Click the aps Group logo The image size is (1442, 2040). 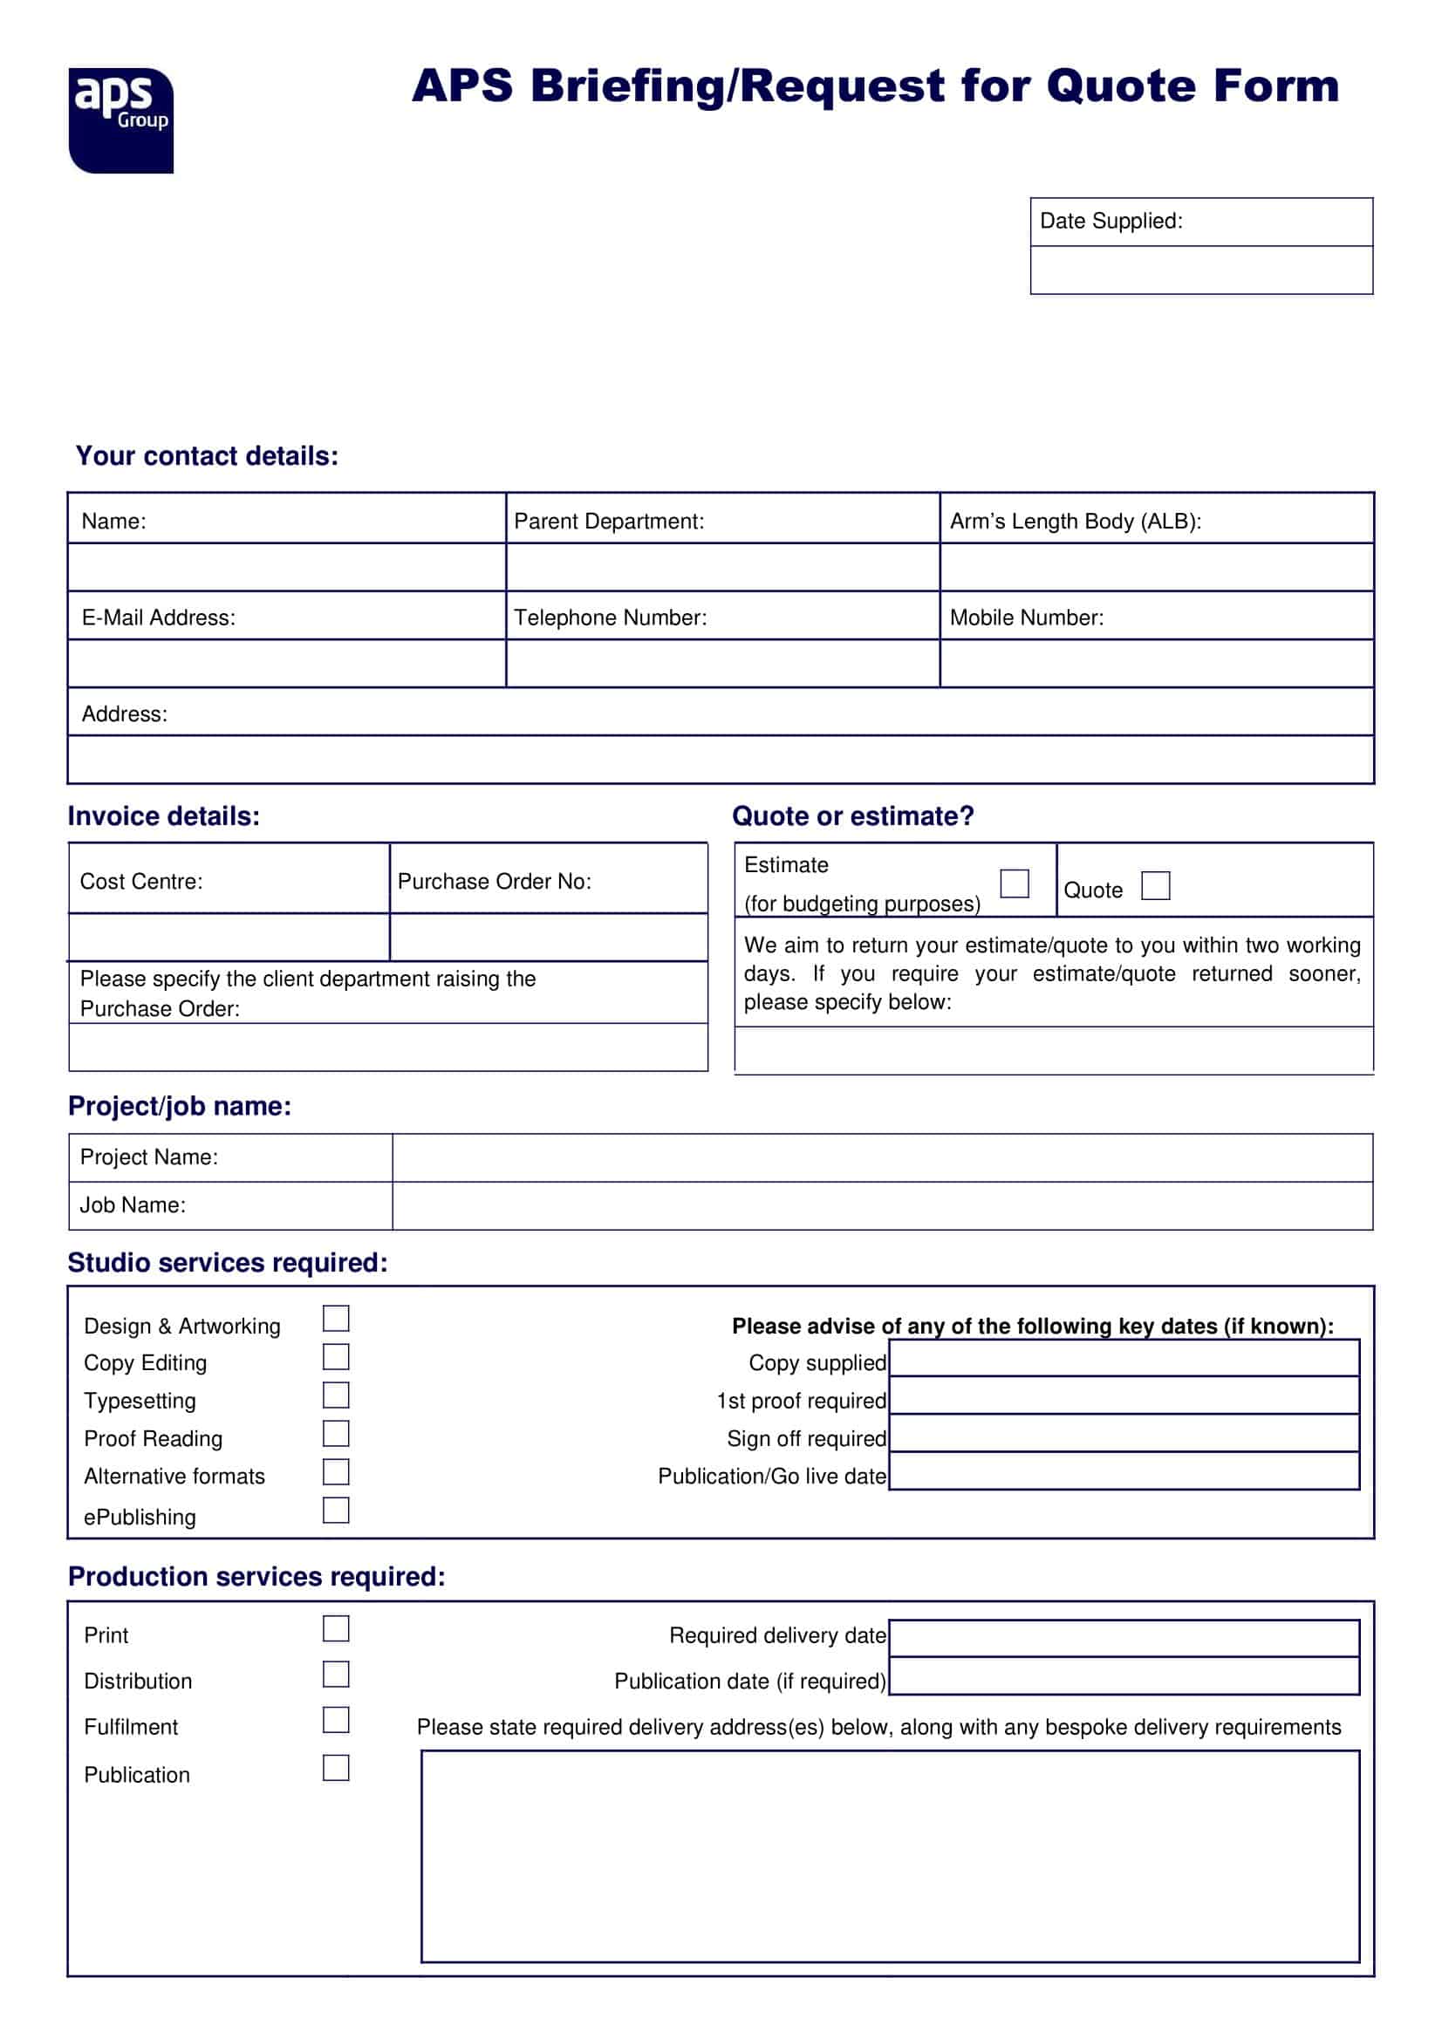point(121,120)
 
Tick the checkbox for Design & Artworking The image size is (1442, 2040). point(336,1318)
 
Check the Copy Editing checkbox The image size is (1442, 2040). point(336,1356)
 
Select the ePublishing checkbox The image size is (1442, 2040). point(336,1510)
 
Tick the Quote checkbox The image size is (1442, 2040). point(1155,885)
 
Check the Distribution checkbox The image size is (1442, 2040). point(336,1674)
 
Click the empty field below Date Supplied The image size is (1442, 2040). point(1201,269)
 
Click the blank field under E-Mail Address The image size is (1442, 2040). point(286,663)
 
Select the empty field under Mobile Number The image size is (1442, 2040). point(1156,663)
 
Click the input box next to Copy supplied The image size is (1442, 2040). point(1124,1358)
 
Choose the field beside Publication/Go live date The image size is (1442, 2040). point(1124,1470)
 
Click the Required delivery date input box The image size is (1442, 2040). point(1124,1638)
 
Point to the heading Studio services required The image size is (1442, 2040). point(228,1263)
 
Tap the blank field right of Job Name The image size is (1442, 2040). point(881,1204)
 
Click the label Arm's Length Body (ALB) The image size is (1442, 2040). point(1075,521)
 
